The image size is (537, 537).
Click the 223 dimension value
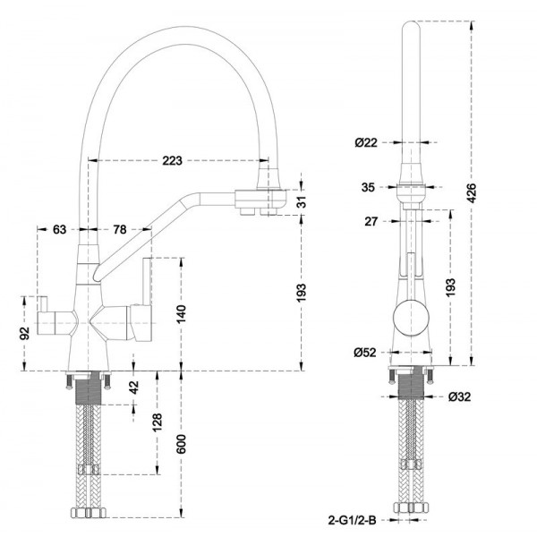click(173, 161)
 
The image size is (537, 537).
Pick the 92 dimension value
click(25, 332)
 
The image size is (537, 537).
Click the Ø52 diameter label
click(364, 352)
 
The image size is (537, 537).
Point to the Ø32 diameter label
click(461, 396)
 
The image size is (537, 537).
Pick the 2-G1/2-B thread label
click(352, 518)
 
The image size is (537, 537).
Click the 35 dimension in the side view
click(368, 187)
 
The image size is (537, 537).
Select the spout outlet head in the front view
click(262, 199)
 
